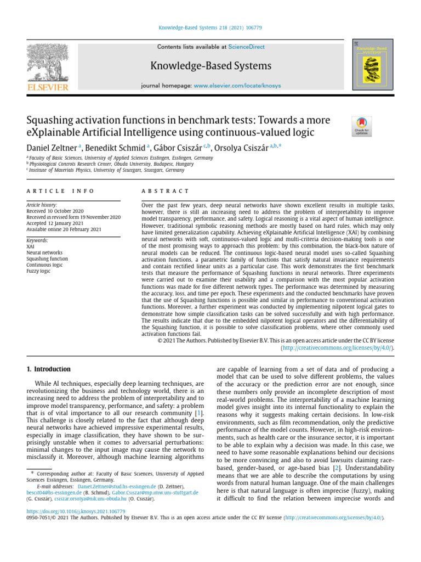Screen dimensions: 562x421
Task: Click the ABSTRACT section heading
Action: [165, 190]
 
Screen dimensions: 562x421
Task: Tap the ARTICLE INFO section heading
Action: [60, 190]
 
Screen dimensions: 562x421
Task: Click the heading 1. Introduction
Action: [49, 369]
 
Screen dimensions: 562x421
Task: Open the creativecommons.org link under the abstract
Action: [337, 347]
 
